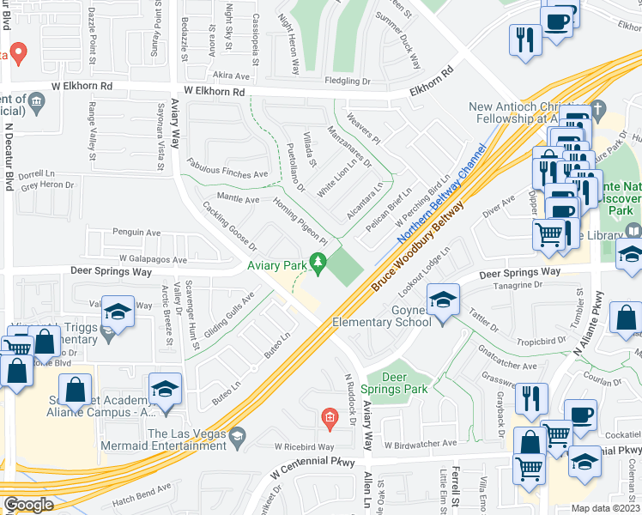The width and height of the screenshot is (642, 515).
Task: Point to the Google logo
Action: coord(27,505)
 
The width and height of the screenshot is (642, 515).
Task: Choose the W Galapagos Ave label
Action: coord(153,258)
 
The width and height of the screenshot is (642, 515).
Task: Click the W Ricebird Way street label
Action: coord(305,447)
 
